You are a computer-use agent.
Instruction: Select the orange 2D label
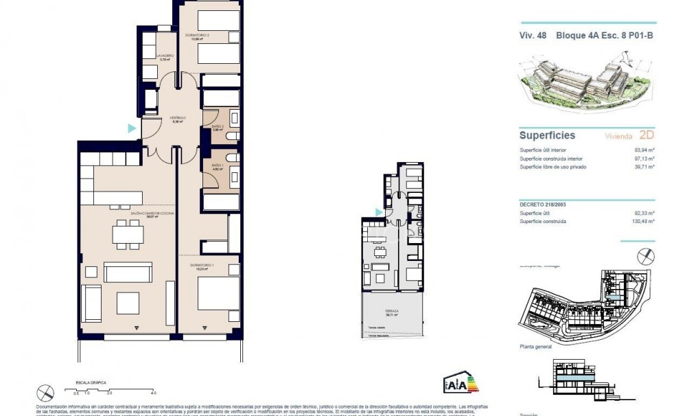[x=646, y=135]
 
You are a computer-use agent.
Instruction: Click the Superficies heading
[x=547, y=136]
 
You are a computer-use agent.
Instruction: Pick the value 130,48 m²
[x=643, y=222]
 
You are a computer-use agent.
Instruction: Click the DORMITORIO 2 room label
[x=197, y=36]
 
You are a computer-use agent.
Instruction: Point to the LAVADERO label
[x=165, y=56]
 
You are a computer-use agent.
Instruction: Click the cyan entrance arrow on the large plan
[x=131, y=128]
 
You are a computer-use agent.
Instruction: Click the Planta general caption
[x=536, y=348]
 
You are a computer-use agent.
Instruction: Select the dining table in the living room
[x=128, y=235]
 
